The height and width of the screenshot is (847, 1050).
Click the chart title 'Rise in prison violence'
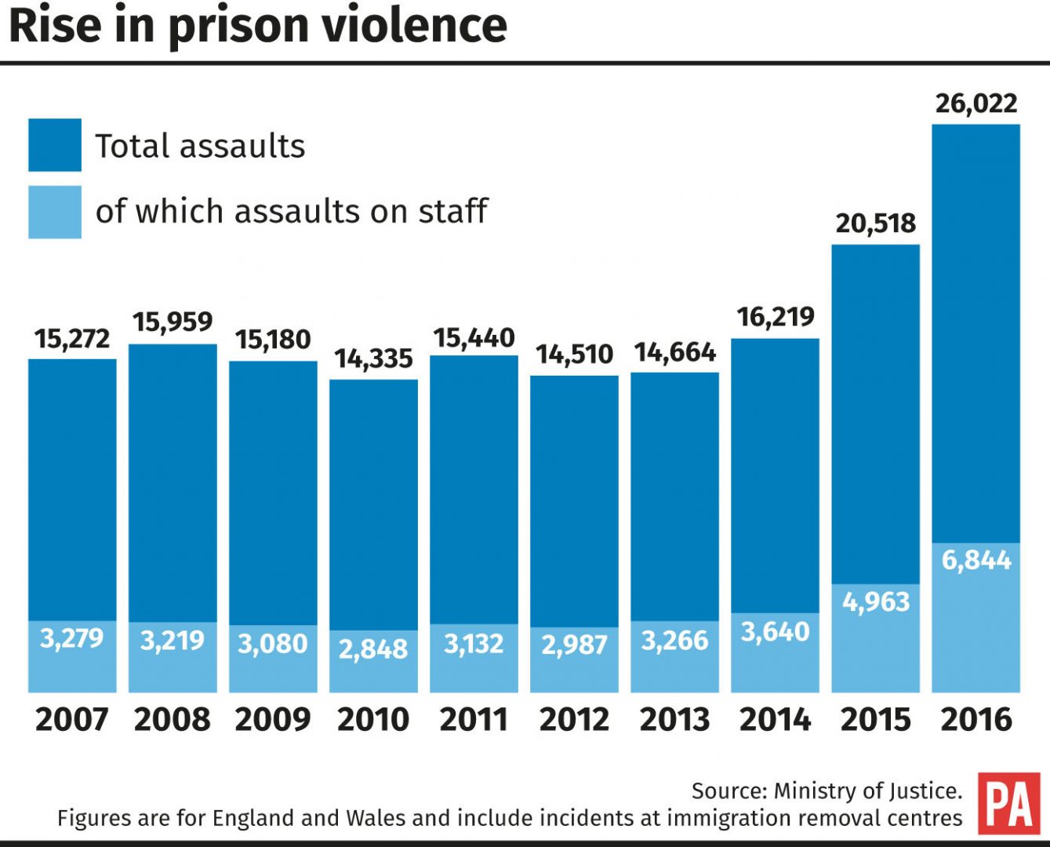258,26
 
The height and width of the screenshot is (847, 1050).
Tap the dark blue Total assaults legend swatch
55,145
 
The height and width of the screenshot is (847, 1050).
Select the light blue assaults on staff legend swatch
55,212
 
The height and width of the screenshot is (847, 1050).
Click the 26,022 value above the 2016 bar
976,104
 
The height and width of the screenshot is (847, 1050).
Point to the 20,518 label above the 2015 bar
875,224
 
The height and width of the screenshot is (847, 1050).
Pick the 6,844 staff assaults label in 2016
976,560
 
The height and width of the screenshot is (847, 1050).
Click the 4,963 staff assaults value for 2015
875,602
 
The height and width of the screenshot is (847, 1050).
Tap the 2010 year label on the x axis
373,719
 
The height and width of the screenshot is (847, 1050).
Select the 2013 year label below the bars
674,719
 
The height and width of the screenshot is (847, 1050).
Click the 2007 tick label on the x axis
72,719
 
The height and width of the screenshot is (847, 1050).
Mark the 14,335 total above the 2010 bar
373,358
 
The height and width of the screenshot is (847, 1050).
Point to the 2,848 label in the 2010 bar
373,649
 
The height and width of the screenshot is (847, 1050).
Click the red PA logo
1009,803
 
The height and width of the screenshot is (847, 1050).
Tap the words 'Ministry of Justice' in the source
867,791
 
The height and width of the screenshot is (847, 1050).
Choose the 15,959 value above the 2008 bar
173,322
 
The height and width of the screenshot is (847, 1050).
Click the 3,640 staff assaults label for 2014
775,631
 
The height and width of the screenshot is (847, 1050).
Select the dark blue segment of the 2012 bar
574,502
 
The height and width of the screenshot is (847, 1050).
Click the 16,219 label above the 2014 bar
775,317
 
